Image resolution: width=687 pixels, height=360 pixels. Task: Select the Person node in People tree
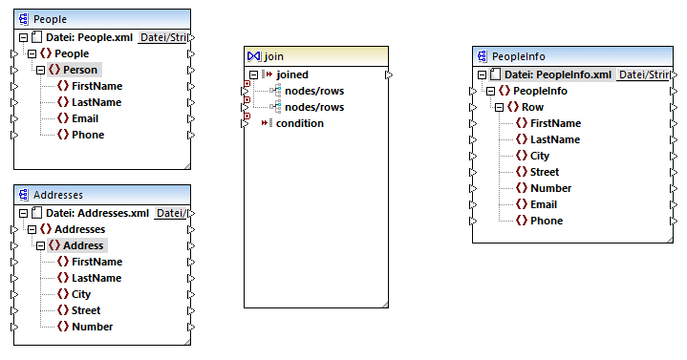pyautogui.click(x=80, y=70)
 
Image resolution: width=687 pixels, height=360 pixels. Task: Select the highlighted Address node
pyautogui.click(x=83, y=245)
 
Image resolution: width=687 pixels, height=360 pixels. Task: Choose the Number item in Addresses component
pyautogui.click(x=93, y=327)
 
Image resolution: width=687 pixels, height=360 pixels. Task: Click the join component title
pyautogui.click(x=315, y=56)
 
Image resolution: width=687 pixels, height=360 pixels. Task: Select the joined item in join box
pyautogui.click(x=292, y=74)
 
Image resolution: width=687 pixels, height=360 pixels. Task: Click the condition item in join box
pyautogui.click(x=299, y=123)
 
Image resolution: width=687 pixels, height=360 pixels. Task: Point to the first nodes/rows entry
pyautogui.click(x=313, y=91)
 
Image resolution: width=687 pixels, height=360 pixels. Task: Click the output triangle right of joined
pyautogui.click(x=387, y=74)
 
